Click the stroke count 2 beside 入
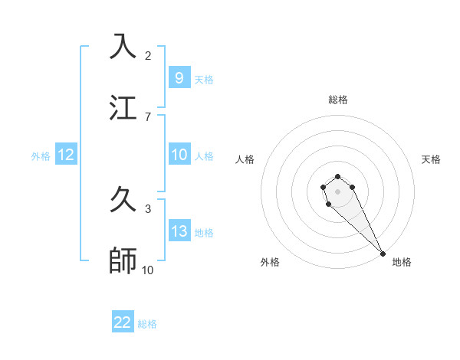point(148,56)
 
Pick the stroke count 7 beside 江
point(148,116)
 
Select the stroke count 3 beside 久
point(148,208)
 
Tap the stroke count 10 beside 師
point(148,270)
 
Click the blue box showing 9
point(179,78)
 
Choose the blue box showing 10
point(179,155)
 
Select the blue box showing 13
point(179,231)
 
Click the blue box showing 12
point(66,155)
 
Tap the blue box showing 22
point(123,322)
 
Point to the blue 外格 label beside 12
point(41,155)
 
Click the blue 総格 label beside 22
point(147,324)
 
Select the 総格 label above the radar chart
point(338,100)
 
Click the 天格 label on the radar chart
point(431,159)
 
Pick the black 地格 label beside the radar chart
point(402,262)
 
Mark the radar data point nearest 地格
point(383,254)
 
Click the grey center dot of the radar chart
point(337,191)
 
